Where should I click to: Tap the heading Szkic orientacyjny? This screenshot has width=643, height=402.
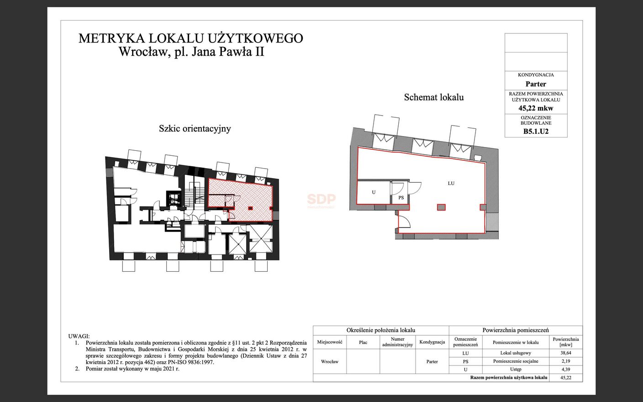click(x=195, y=129)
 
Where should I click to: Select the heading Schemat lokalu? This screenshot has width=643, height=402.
click(x=434, y=97)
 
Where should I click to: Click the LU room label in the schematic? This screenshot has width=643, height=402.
click(x=451, y=183)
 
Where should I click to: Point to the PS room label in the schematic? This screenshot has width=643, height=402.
click(x=401, y=197)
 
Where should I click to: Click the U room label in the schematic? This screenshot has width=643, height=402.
click(x=374, y=192)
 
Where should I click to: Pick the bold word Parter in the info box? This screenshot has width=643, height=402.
click(x=536, y=84)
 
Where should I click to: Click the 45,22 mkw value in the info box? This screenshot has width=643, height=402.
click(x=536, y=108)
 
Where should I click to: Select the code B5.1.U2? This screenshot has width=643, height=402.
click(x=536, y=132)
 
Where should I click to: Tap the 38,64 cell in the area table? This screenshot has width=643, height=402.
click(x=565, y=353)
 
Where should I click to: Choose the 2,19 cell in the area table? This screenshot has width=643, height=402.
click(x=565, y=361)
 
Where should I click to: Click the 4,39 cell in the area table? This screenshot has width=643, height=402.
click(x=565, y=369)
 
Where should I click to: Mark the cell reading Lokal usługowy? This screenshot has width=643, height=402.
click(x=516, y=353)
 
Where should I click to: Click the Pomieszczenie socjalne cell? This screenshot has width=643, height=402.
click(x=516, y=361)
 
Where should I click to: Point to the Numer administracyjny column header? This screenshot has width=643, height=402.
click(x=398, y=342)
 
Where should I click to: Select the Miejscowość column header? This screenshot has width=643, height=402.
click(x=330, y=342)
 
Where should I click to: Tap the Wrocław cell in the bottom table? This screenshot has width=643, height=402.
click(x=330, y=361)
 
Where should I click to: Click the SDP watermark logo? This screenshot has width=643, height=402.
click(x=321, y=199)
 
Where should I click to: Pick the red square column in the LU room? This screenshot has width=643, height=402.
click(x=441, y=207)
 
